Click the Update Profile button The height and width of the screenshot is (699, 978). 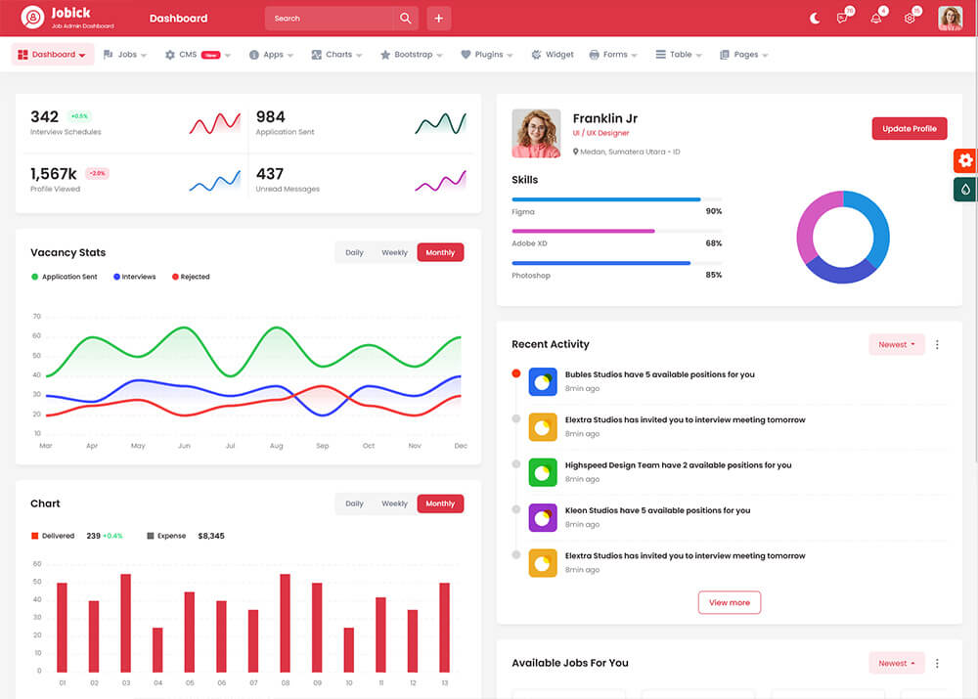click(x=910, y=128)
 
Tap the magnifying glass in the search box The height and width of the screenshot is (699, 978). click(x=406, y=19)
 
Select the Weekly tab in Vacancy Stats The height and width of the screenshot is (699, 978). click(x=394, y=252)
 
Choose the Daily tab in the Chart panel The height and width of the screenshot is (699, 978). click(x=354, y=503)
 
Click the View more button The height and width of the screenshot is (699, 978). click(x=730, y=602)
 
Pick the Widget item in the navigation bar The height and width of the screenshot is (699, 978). click(x=553, y=55)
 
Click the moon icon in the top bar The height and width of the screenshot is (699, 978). click(x=815, y=19)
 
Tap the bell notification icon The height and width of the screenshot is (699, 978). click(x=875, y=19)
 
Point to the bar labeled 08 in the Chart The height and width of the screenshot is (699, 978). click(x=285, y=622)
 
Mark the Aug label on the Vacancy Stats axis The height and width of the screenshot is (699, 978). click(x=276, y=446)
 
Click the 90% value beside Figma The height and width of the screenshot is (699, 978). click(x=713, y=211)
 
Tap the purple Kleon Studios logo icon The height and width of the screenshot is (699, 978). click(x=543, y=517)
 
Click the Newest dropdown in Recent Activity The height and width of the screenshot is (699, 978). click(x=896, y=344)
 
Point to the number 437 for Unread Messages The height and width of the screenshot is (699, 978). click(x=270, y=174)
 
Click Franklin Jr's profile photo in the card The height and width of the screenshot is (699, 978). click(x=536, y=133)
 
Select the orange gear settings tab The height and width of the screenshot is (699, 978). click(x=965, y=160)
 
